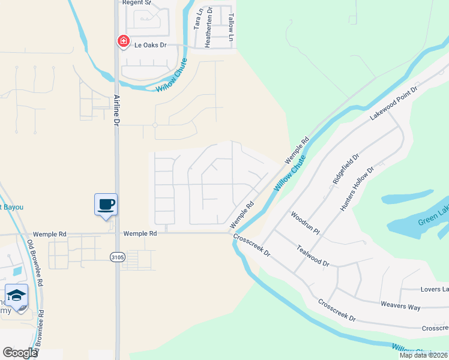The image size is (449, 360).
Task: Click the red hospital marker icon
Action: pos(123,41)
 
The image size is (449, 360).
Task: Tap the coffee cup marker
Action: pos(106,204)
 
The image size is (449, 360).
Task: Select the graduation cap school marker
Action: pos(17,295)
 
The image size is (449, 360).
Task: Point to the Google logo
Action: pos(20,353)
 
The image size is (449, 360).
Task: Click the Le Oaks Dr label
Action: pos(150,45)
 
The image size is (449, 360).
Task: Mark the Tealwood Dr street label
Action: pos(313,255)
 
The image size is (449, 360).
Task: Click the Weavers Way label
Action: pos(400,305)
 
